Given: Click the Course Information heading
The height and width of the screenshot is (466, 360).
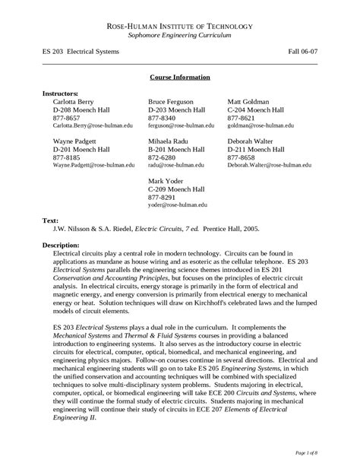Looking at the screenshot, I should [180, 78].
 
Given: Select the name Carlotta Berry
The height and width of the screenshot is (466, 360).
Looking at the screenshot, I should [75, 101].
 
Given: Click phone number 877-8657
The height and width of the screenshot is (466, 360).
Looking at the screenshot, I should [66, 117].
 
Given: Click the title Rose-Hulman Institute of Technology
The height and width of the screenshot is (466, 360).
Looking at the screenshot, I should [180, 26].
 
